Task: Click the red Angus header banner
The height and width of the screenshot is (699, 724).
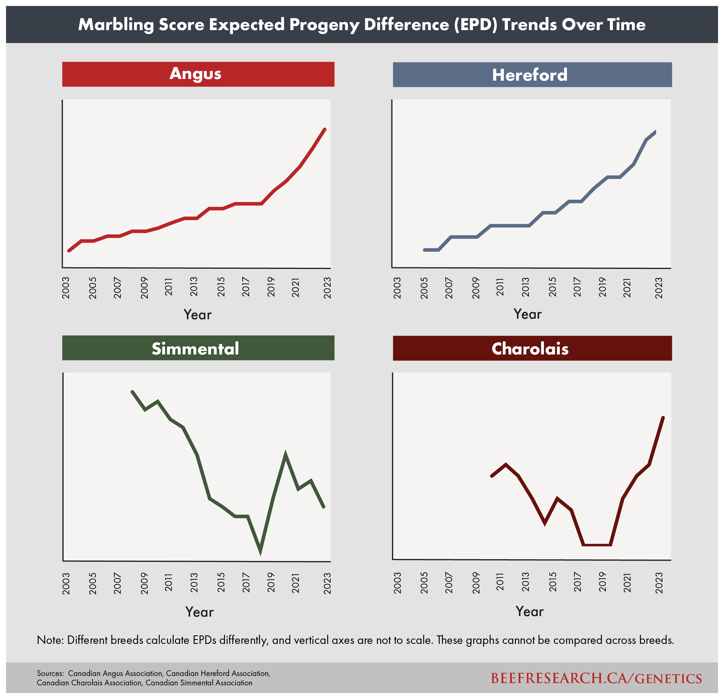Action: click(198, 74)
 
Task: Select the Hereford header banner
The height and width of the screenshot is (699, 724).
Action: click(532, 75)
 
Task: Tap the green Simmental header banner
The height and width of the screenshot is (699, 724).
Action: click(198, 348)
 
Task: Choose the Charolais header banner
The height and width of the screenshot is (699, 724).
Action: click(532, 349)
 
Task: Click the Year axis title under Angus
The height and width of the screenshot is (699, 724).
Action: click(198, 315)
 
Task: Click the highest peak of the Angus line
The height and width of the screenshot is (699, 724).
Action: click(325, 129)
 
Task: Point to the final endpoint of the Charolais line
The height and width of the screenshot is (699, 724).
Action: click(663, 418)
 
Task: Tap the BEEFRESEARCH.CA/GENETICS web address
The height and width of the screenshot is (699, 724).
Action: click(596, 678)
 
